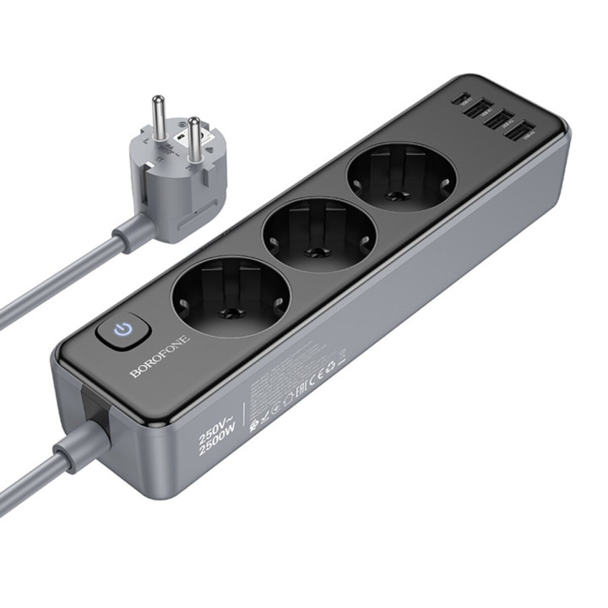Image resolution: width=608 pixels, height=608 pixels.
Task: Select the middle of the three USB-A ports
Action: [503, 119]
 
